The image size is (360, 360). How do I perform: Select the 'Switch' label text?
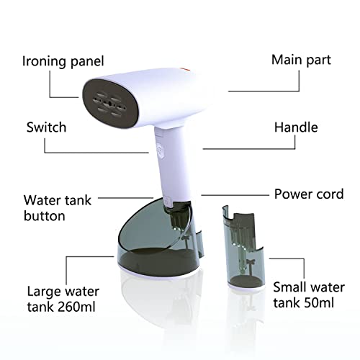[46, 127]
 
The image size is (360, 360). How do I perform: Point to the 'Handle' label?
[295, 127]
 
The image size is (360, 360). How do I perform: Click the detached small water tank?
[245, 252]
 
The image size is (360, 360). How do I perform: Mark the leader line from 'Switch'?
[94, 152]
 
